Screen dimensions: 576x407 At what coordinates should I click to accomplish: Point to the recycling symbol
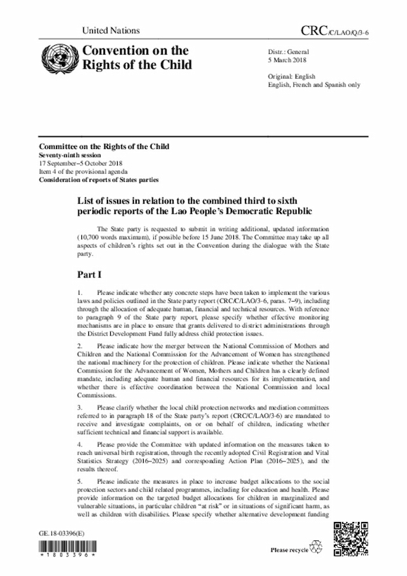pos(315,547)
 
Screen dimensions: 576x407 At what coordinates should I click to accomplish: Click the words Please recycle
pos(289,549)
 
